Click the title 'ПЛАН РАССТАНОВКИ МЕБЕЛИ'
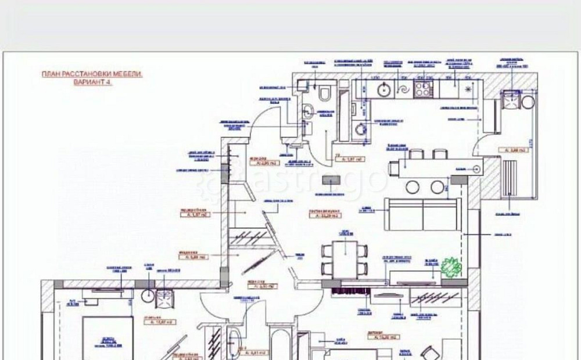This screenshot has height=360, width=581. point(92,74)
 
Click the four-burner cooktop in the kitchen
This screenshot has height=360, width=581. point(424,89)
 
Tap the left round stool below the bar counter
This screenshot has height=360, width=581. point(413,187)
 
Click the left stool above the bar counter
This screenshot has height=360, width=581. point(417,154)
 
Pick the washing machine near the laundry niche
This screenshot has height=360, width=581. point(361,129)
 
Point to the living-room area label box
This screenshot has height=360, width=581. point(325,215)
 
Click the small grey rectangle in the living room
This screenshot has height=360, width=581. point(335,182)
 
